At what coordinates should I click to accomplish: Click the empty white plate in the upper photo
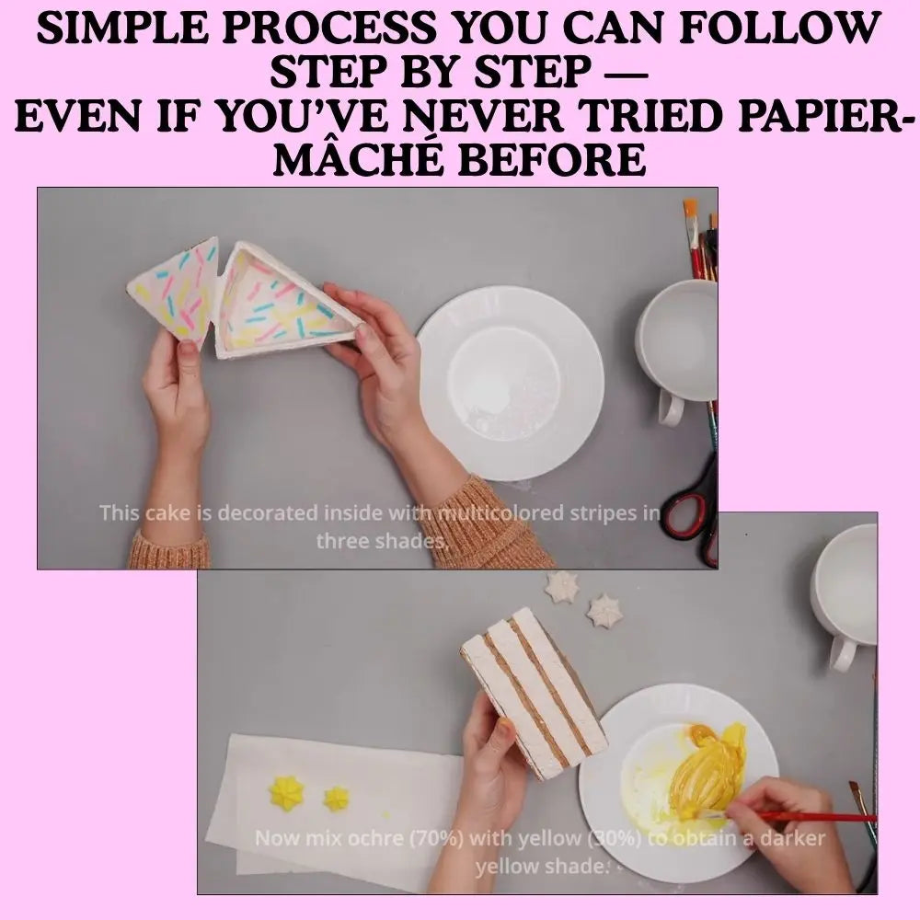tap(510, 381)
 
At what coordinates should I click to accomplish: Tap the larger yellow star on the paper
tap(286, 793)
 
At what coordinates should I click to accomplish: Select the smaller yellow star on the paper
tap(337, 798)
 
